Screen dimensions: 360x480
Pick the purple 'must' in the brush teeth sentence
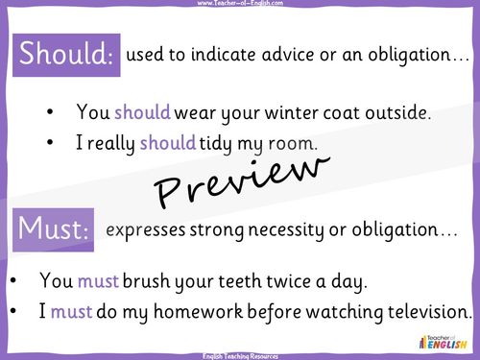click(x=94, y=280)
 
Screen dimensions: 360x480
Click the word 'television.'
click(x=422, y=311)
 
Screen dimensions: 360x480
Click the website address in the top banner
click(x=240, y=5)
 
